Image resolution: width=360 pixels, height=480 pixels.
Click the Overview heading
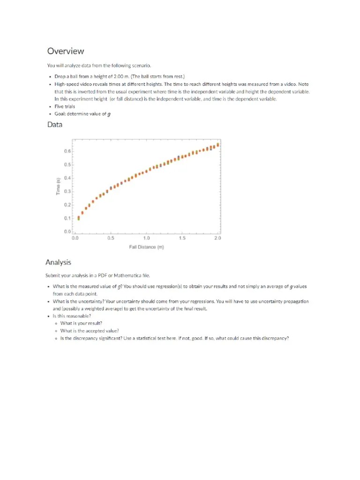(x=65, y=51)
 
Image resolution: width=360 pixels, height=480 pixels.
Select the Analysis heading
(x=58, y=262)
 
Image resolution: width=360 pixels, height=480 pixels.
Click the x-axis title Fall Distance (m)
(x=146, y=247)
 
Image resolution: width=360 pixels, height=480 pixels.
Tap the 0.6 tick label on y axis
(x=67, y=151)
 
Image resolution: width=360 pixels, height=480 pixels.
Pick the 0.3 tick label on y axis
(x=67, y=191)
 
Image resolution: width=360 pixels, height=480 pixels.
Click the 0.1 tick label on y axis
(x=67, y=218)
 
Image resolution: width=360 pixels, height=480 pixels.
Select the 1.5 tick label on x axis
(x=182, y=238)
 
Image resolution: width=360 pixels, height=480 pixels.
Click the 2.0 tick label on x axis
(x=217, y=238)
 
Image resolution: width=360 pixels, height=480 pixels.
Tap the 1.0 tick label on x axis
(x=146, y=238)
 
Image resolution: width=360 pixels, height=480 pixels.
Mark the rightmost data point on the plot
(x=217, y=144)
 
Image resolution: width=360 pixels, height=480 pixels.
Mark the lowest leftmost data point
(x=79, y=218)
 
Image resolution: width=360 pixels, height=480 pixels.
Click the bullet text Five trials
(x=65, y=106)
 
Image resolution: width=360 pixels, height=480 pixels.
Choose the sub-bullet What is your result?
(x=81, y=323)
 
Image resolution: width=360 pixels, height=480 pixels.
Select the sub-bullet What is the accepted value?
(x=90, y=330)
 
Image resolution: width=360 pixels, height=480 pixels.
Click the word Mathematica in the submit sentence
(x=129, y=276)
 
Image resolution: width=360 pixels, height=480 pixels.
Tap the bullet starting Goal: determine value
(x=82, y=114)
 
